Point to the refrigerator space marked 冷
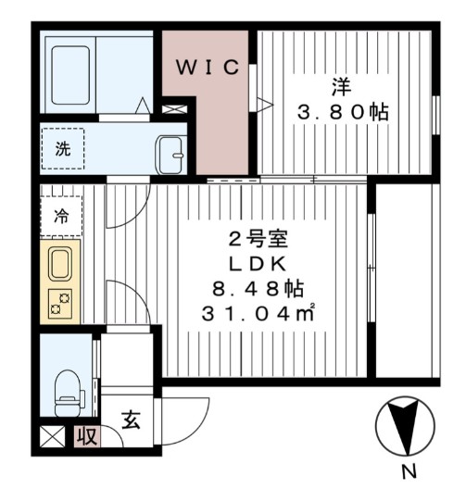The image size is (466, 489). (x=60, y=218)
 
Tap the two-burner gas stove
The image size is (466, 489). (x=60, y=302)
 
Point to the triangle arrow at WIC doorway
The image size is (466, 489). (x=263, y=104)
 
